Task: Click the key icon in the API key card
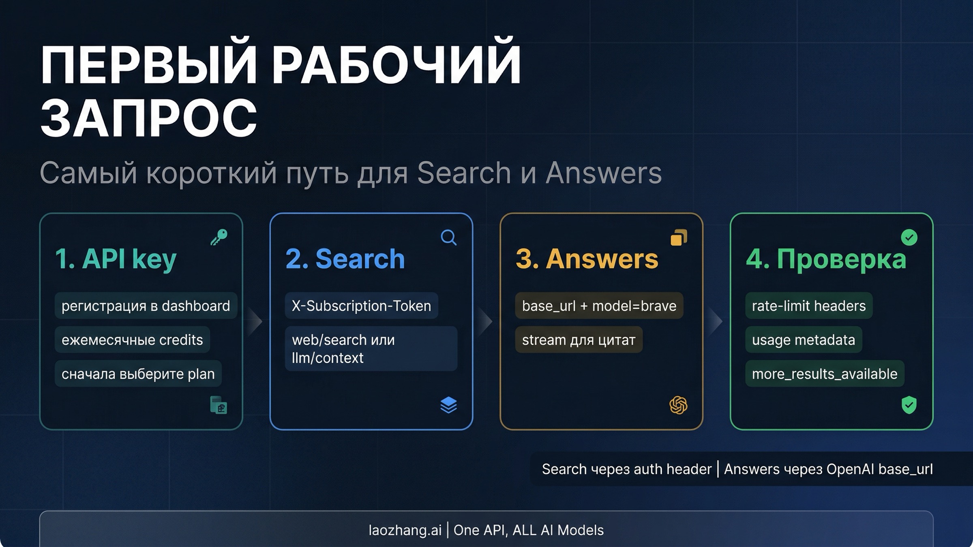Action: pyautogui.click(x=219, y=237)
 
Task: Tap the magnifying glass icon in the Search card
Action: pyautogui.click(x=448, y=237)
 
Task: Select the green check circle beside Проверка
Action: pyautogui.click(x=909, y=237)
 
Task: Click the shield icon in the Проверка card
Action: pyautogui.click(x=909, y=405)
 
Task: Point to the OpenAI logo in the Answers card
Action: pyautogui.click(x=678, y=405)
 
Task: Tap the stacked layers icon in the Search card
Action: pyautogui.click(x=448, y=405)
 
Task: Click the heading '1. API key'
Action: pyautogui.click(x=116, y=259)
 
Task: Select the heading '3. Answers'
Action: pyautogui.click(x=587, y=259)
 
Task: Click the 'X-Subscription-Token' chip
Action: pyautogui.click(x=361, y=306)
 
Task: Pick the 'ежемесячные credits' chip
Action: pyautogui.click(x=132, y=340)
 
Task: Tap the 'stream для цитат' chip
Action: pyautogui.click(x=579, y=340)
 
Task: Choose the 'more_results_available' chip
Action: pyautogui.click(x=825, y=374)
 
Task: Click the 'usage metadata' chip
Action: pyautogui.click(x=803, y=340)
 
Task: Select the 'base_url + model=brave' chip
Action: pyautogui.click(x=599, y=306)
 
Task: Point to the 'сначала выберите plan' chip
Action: pyautogui.click(x=138, y=374)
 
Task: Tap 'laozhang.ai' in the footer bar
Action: pyautogui.click(x=405, y=530)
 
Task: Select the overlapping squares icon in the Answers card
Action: pyautogui.click(x=679, y=237)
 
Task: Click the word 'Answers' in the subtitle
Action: pyautogui.click(x=603, y=173)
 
